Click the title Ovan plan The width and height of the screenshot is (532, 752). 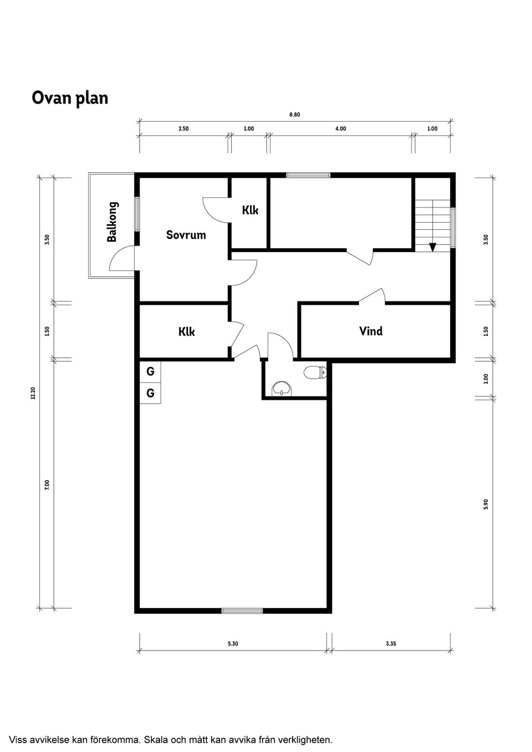70,98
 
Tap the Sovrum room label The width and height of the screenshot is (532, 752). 186,235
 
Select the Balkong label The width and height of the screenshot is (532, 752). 112,222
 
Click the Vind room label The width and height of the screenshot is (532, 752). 371,331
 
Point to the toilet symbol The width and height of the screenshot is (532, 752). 315,373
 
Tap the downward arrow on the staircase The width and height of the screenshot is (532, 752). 432,247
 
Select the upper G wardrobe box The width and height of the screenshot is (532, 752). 150,372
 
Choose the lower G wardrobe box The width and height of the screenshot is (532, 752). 150,393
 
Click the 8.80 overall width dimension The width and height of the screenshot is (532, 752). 294,115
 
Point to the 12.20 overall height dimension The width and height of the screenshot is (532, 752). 33,393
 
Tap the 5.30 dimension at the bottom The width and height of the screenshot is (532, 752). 233,644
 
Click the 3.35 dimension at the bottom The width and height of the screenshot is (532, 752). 391,644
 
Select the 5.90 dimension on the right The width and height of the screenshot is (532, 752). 486,504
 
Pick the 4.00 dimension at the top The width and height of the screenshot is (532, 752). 340,129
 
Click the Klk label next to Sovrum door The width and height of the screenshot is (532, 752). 250,210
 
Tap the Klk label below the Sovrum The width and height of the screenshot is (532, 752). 187,332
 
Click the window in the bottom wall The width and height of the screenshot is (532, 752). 242,611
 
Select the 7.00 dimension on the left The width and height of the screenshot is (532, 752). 47,485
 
